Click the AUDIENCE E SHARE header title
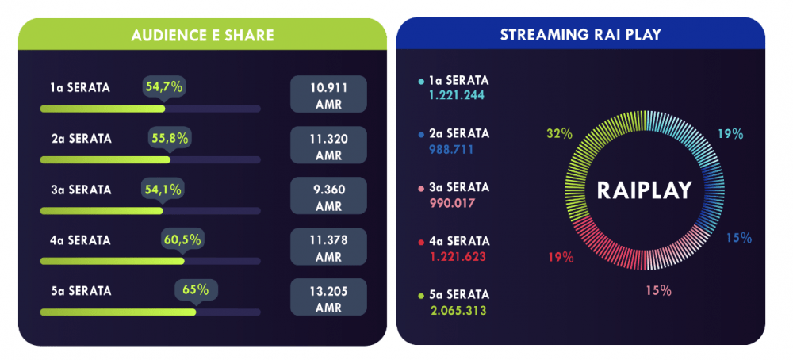[x=202, y=35]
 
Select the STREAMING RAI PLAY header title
[x=580, y=35]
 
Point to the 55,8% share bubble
[x=170, y=138]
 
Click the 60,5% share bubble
[x=182, y=239]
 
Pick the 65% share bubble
[x=195, y=289]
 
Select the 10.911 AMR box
[x=328, y=94]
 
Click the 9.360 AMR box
[x=328, y=196]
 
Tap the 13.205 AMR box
[x=328, y=297]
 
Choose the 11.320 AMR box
[x=328, y=145]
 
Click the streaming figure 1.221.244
[x=457, y=95]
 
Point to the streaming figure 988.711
[x=451, y=149]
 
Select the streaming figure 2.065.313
[x=458, y=310]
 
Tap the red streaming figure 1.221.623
[x=457, y=256]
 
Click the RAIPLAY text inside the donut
[x=645, y=190]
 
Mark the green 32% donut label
[x=559, y=133]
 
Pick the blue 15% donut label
[x=739, y=237]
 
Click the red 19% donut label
[x=560, y=256]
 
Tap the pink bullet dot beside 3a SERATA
[x=421, y=188]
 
